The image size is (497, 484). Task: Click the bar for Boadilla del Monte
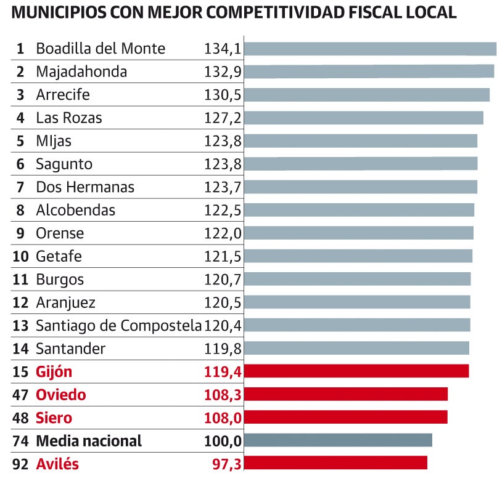tap(370, 49)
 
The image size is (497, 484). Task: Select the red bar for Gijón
tap(356, 371)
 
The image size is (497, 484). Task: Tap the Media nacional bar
tap(338, 440)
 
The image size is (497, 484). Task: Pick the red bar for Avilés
tap(335, 462)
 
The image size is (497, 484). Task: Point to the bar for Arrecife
tap(367, 95)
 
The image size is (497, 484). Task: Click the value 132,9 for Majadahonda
tap(223, 72)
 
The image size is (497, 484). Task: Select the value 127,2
tap(223, 118)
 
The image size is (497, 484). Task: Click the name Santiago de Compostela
tap(118, 325)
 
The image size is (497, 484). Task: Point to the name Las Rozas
tap(69, 118)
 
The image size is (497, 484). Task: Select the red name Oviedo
tap(61, 395)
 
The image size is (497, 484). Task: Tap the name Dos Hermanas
tap(85, 187)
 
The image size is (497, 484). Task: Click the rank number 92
tap(20, 464)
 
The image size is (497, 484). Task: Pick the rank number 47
tap(20, 395)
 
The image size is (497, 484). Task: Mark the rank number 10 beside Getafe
tap(20, 256)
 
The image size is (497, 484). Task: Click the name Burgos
tap(60, 280)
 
